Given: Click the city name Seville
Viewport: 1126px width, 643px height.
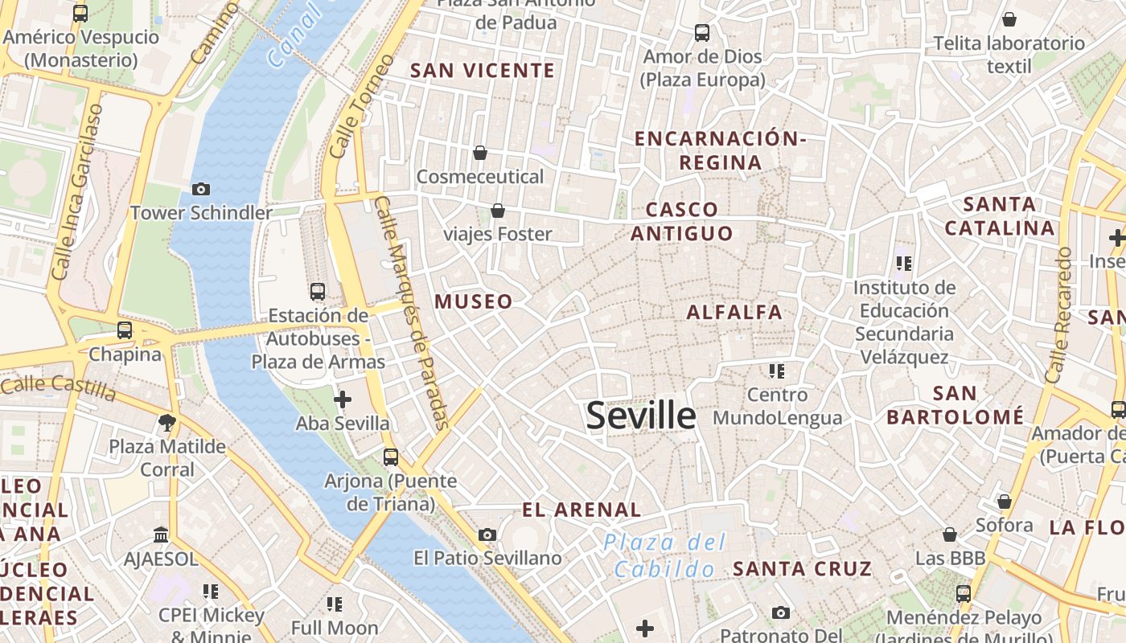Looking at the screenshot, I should (641, 416).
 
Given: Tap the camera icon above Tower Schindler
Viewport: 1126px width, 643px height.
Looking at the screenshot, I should (201, 190).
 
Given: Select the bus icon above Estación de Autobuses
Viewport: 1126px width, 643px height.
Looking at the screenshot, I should (318, 291).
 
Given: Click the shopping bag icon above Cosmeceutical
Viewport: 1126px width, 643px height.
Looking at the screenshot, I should (480, 153).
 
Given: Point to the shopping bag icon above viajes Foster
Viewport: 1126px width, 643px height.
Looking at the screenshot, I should (498, 211).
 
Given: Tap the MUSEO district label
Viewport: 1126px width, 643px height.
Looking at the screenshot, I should (474, 302).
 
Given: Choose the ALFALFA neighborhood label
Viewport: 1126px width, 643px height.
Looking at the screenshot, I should (734, 313).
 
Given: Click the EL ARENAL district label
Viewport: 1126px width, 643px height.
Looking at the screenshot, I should (581, 510).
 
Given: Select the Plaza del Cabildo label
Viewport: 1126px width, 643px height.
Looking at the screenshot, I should (664, 555).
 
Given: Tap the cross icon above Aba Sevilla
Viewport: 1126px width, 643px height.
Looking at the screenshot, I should (343, 399).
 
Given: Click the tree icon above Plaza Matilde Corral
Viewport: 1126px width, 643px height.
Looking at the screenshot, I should (167, 422).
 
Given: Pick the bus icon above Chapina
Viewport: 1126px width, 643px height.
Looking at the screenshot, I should (125, 330).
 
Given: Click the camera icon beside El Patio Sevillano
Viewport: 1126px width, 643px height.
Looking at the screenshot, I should (487, 534).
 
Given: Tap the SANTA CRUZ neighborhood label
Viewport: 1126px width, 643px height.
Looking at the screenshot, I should (802, 569).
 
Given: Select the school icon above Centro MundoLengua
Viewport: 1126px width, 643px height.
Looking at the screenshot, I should (776, 371).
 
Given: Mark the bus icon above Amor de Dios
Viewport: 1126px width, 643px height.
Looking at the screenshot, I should (702, 33).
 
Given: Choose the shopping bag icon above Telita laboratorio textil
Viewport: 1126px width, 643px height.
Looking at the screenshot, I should (1009, 19).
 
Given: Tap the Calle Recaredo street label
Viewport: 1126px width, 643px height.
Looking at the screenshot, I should (1058, 314).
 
